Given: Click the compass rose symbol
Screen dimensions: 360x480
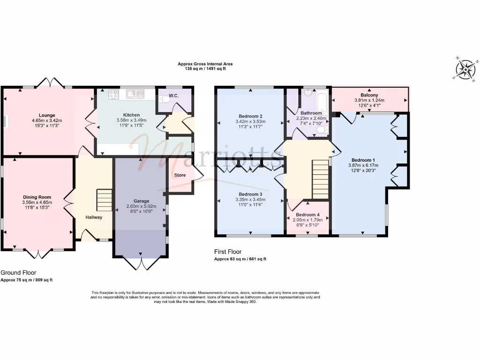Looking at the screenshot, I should (x=466, y=70).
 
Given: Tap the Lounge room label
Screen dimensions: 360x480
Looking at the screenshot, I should (x=47, y=115).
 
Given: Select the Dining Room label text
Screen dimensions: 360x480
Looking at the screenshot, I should (x=37, y=197).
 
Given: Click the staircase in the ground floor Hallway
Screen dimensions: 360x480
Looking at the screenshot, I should (x=104, y=200).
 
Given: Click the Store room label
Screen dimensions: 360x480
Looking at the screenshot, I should (x=180, y=175).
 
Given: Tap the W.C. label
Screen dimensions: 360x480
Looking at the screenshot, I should (x=173, y=96).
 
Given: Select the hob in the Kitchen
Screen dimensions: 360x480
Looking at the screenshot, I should (x=113, y=94).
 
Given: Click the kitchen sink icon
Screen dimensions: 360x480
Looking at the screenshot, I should (x=135, y=94).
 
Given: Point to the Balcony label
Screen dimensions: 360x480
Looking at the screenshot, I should (x=369, y=95).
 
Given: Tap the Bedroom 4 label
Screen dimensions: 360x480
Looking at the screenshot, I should (x=307, y=215).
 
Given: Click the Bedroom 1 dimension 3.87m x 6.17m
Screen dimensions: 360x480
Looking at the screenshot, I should (x=363, y=165).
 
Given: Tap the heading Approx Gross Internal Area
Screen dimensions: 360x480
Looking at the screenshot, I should (x=205, y=64).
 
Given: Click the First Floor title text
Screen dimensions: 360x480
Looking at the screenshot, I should (x=228, y=252).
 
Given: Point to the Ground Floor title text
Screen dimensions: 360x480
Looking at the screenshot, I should (x=18, y=272).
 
